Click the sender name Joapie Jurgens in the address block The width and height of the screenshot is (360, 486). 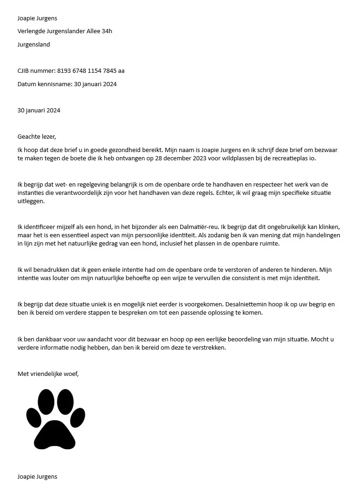(37, 18)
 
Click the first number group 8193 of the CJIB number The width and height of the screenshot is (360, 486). (65, 71)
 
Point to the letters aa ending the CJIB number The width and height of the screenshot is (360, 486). (121, 71)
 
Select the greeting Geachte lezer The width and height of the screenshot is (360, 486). (36, 137)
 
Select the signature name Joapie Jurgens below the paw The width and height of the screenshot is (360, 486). (37, 476)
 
